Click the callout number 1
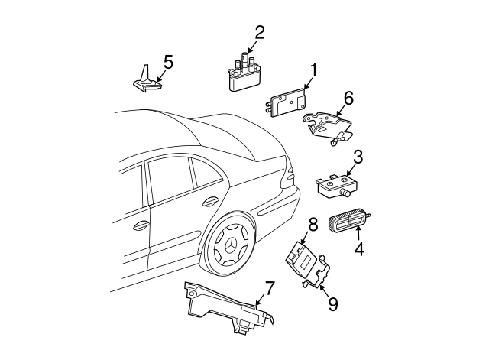tap(313, 70)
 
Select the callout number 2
tap(260, 33)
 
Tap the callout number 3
tap(358, 157)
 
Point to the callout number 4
tap(359, 249)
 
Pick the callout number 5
tap(168, 62)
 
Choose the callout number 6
tap(348, 99)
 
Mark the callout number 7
tap(270, 288)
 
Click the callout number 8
tap(313, 225)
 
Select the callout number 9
tap(333, 303)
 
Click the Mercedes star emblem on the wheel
tap(230, 246)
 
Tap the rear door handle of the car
tap(211, 202)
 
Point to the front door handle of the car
tap(141, 225)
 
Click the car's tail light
tap(287, 177)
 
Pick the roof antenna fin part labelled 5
tap(146, 79)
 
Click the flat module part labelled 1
tap(285, 102)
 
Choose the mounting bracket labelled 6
tap(328, 128)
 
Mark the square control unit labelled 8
tap(303, 258)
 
